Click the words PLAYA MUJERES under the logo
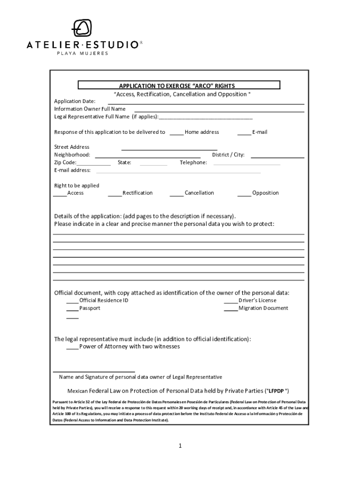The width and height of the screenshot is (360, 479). pos(82,53)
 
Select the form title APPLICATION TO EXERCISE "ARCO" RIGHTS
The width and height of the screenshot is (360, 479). pos(177,86)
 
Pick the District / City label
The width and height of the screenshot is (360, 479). pos(228,155)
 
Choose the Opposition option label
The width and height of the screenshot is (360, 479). pos(265,193)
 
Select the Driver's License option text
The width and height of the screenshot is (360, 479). pos(257,300)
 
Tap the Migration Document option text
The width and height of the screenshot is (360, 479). pos(263,308)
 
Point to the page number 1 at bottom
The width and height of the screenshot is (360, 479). pos(180,446)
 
